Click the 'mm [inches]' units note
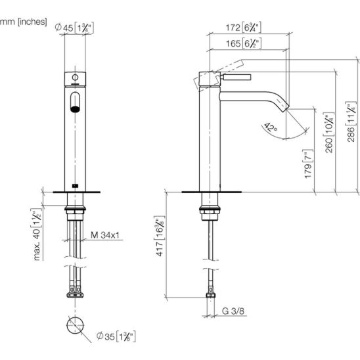24,22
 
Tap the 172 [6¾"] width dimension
243,28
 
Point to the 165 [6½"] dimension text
244,43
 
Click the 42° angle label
271,128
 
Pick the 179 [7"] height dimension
308,164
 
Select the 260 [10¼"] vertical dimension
329,133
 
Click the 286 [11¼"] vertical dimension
351,122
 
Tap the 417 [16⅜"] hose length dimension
160,236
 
